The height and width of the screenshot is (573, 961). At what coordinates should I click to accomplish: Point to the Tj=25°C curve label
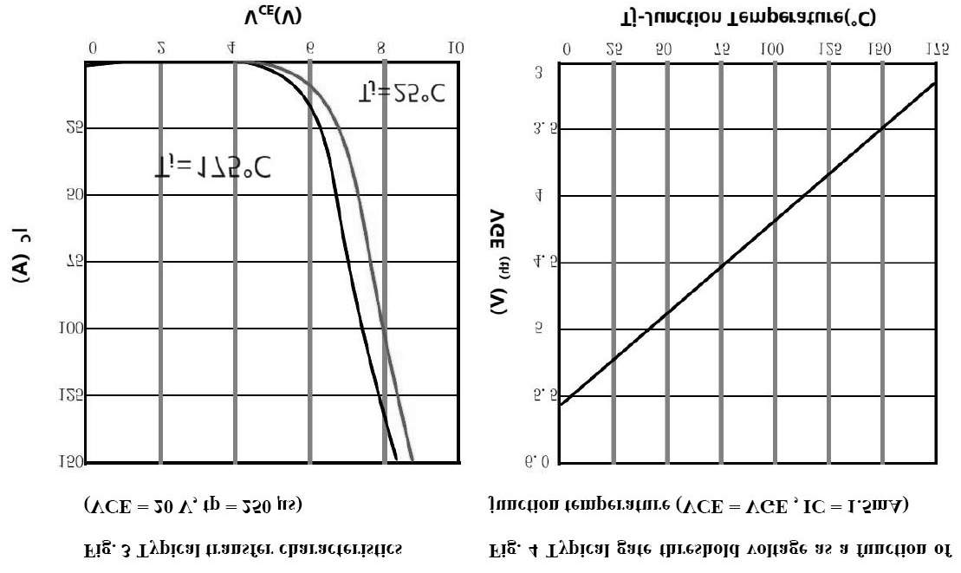point(400,93)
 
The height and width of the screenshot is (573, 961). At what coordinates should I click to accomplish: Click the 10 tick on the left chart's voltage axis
point(457,49)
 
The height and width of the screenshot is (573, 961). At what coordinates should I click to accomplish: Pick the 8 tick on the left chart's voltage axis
point(382,49)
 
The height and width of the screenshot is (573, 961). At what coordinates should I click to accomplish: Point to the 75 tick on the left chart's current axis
point(75,263)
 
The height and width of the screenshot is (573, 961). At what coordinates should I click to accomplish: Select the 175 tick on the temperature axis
point(937,50)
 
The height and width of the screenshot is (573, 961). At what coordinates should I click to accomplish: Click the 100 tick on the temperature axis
point(769,50)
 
